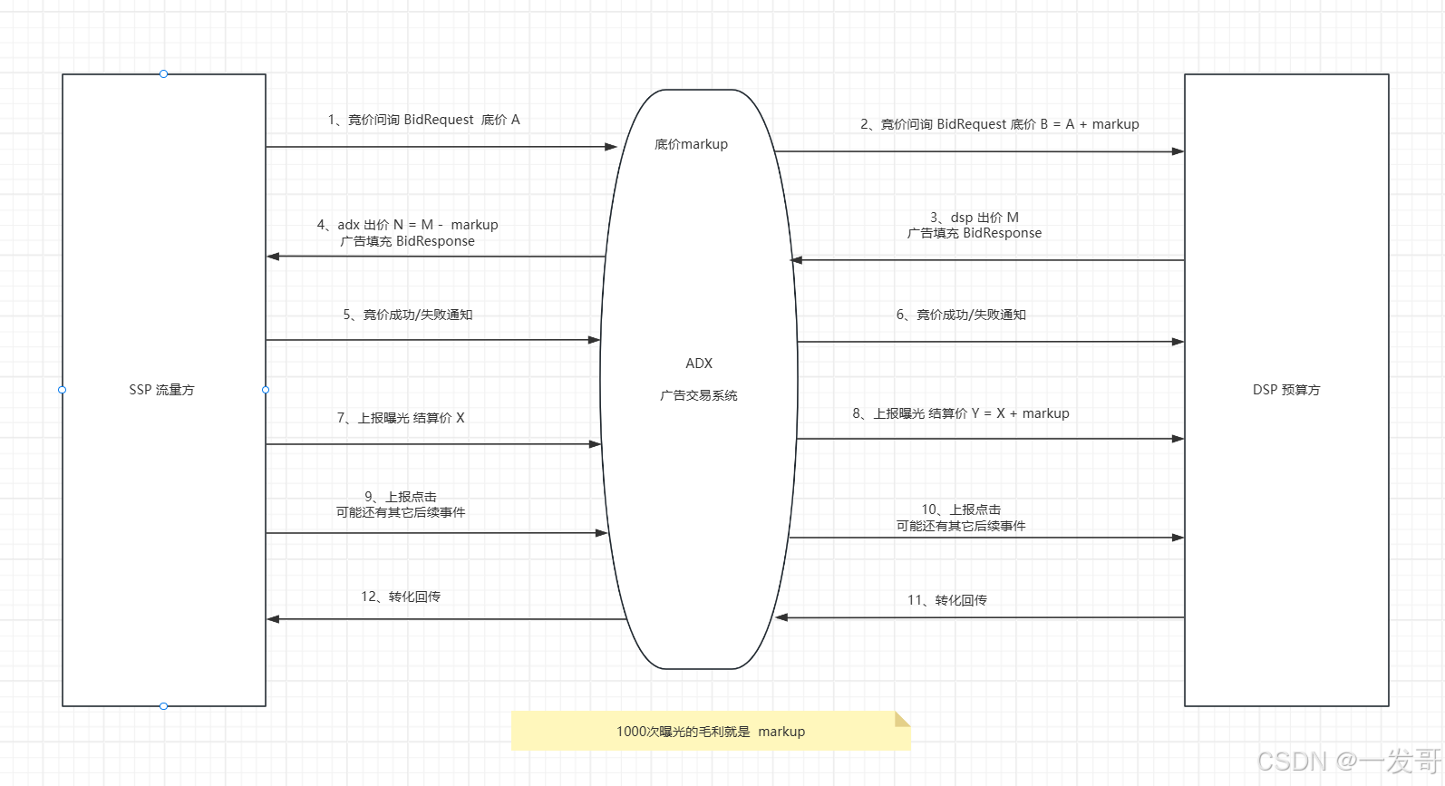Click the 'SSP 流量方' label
161,390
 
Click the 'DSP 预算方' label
1286,390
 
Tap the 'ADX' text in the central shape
699,364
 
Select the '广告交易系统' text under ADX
699,395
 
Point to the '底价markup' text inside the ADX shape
691,144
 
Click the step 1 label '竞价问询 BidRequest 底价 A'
423,120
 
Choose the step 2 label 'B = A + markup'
999,124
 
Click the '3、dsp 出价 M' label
975,218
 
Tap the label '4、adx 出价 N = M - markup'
407,225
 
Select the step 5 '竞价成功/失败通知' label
408,315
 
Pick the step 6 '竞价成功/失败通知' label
961,315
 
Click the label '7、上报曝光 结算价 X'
401,418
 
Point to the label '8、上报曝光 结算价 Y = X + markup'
961,413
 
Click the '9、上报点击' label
401,497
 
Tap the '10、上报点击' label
961,509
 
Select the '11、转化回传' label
947,600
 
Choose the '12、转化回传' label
401,597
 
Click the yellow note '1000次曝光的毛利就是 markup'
711,732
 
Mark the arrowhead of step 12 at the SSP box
273,619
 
